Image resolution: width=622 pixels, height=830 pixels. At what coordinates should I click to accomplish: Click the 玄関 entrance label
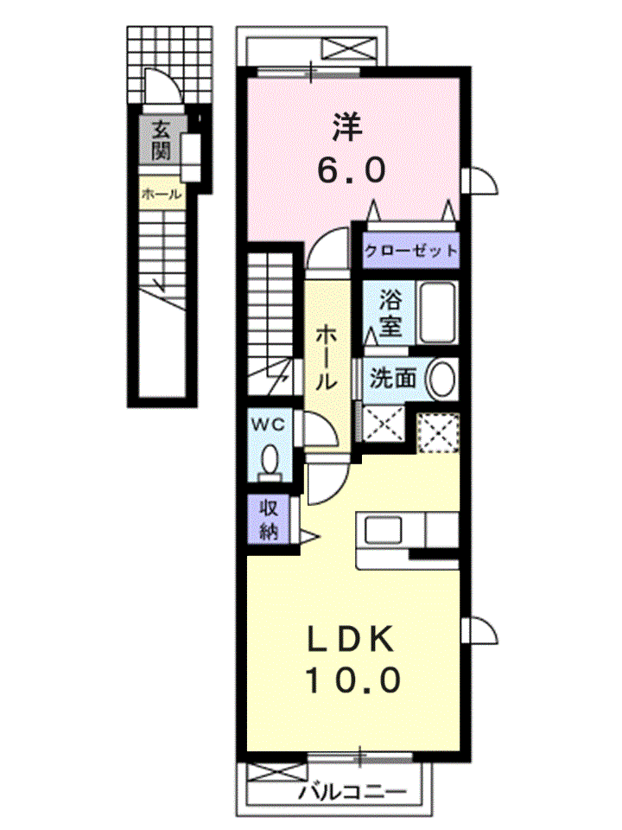pyautogui.click(x=162, y=140)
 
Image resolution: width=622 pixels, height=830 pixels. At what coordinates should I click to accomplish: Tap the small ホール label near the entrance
pyautogui.click(x=162, y=195)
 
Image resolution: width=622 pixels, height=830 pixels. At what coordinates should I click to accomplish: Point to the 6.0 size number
pyautogui.click(x=352, y=170)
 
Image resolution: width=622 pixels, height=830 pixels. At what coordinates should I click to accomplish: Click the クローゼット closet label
pyautogui.click(x=410, y=250)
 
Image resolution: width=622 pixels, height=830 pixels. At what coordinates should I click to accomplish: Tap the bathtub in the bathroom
pyautogui.click(x=437, y=313)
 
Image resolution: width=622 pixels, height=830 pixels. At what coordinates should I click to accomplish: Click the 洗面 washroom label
pyautogui.click(x=392, y=378)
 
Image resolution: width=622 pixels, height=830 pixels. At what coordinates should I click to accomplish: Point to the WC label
pyautogui.click(x=268, y=424)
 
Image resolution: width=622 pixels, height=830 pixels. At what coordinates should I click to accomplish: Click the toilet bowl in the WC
pyautogui.click(x=270, y=458)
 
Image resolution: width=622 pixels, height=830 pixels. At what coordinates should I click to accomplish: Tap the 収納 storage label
pyautogui.click(x=269, y=520)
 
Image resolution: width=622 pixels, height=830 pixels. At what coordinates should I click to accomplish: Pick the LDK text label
pyautogui.click(x=352, y=639)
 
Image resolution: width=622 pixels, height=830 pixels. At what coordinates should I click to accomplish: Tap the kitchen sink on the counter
pyautogui.click(x=384, y=530)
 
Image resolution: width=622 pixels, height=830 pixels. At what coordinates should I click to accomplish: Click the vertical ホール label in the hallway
pyautogui.click(x=327, y=357)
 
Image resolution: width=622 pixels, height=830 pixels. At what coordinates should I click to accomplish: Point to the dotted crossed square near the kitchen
pyautogui.click(x=437, y=433)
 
